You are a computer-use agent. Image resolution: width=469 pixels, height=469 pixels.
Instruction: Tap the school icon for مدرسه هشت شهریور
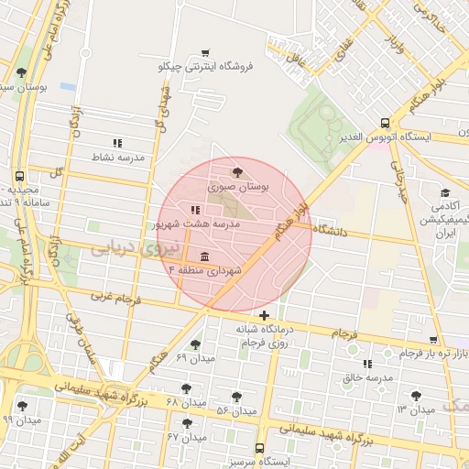coord(194,211)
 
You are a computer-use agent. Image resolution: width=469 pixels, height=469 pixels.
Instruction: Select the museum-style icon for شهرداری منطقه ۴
coord(202,256)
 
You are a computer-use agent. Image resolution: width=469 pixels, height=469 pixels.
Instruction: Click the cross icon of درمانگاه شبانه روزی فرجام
coord(265,316)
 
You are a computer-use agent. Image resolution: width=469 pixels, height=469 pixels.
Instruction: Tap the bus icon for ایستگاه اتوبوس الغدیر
coord(386,123)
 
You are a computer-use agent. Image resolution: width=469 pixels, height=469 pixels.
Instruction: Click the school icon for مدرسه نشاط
coord(117,143)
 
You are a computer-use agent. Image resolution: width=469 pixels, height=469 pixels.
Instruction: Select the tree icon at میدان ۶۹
coord(195,344)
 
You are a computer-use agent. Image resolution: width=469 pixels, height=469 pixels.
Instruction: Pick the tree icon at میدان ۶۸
coord(187,388)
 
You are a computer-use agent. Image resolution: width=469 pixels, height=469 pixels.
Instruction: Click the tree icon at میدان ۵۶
coord(236,397)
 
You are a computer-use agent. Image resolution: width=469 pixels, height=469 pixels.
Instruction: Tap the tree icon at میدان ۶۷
coord(187,423)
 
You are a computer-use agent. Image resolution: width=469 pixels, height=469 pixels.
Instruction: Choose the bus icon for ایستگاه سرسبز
coord(260,449)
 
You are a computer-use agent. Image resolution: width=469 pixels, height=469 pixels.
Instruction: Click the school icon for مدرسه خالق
coord(367,364)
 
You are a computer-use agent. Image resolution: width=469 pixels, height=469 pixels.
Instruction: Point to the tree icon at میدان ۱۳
coord(417,396)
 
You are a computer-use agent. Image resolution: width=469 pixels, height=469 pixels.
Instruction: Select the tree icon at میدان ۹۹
coord(22,405)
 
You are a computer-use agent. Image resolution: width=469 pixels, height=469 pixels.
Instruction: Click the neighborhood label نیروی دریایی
coord(125,247)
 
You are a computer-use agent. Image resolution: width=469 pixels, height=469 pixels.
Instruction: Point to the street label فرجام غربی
coord(114,298)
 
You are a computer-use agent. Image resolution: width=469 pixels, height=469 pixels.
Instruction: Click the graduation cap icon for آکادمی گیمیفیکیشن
coord(445,193)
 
